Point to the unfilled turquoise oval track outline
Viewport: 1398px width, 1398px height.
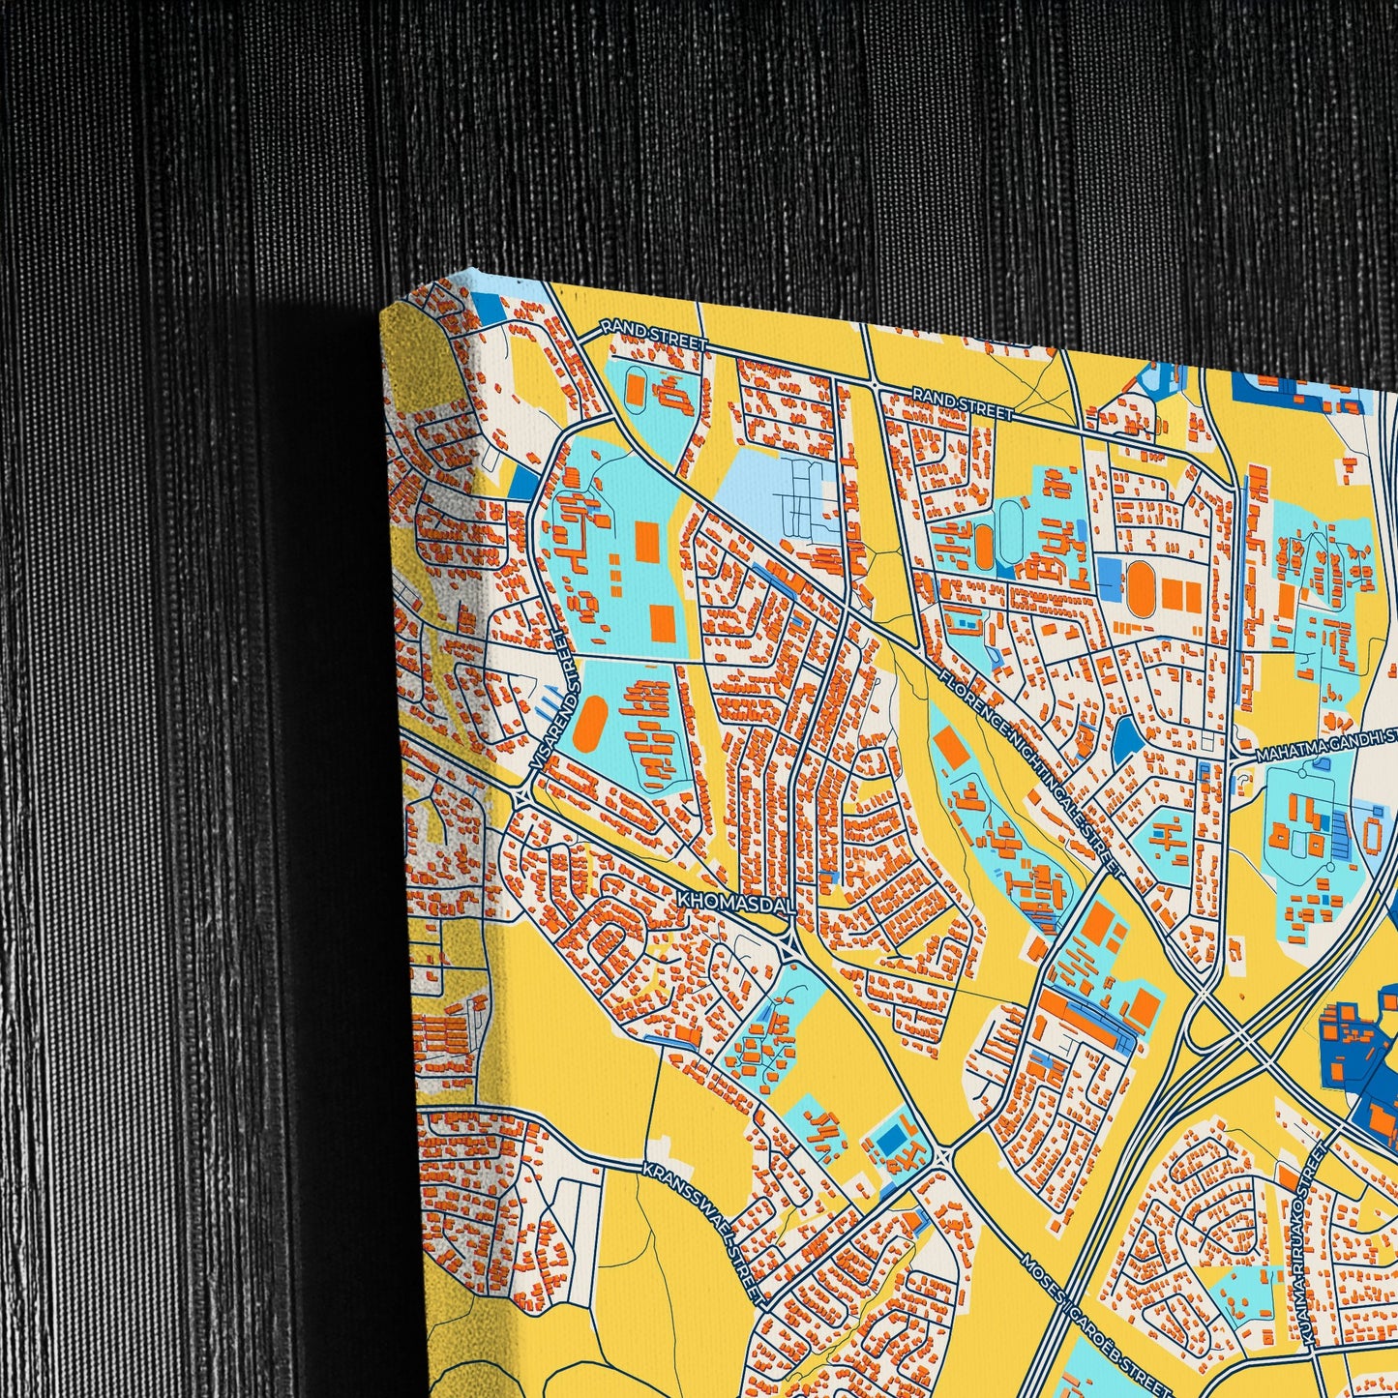pos(1010,523)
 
